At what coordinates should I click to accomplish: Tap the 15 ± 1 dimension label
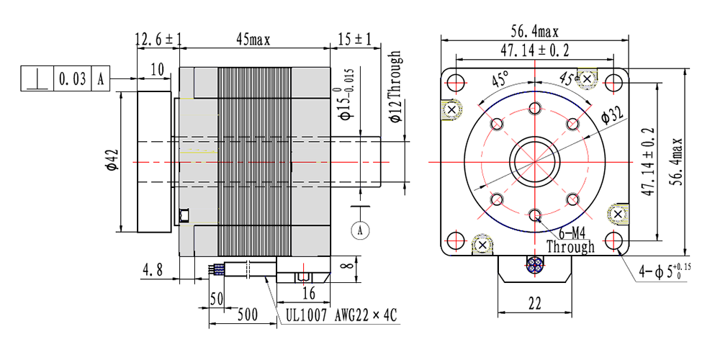(x=354, y=40)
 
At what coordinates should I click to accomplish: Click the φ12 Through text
(x=395, y=87)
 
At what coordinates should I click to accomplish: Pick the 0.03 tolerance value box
(x=73, y=78)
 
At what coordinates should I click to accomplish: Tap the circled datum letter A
(x=360, y=230)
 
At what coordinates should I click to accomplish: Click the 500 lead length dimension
(x=248, y=315)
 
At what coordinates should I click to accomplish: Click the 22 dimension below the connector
(x=535, y=304)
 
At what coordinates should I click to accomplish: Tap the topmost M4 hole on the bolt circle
(x=535, y=109)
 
